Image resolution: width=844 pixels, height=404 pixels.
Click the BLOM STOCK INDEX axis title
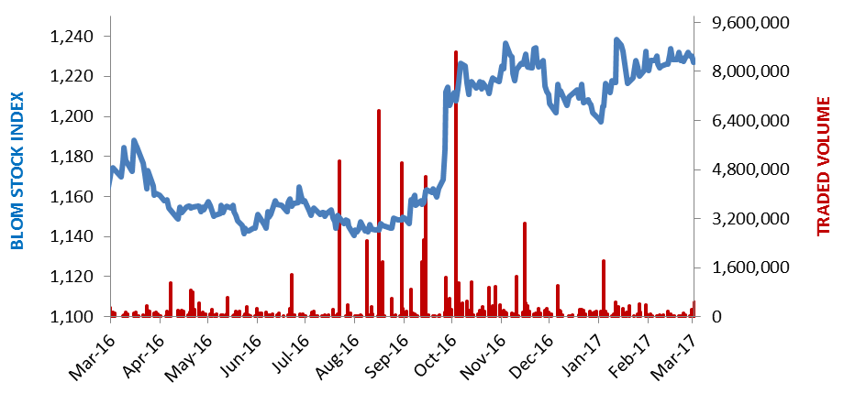point(17,170)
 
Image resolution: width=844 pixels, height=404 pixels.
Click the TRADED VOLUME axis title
point(824,166)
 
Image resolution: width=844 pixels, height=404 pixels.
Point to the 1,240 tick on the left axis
point(71,37)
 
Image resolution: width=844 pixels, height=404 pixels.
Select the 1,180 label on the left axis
point(71,157)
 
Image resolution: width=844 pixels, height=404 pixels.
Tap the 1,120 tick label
point(71,278)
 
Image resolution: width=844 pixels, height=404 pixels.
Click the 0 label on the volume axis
point(710,317)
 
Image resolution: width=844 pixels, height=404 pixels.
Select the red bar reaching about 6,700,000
point(379,213)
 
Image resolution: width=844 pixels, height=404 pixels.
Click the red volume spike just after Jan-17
point(604,289)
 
